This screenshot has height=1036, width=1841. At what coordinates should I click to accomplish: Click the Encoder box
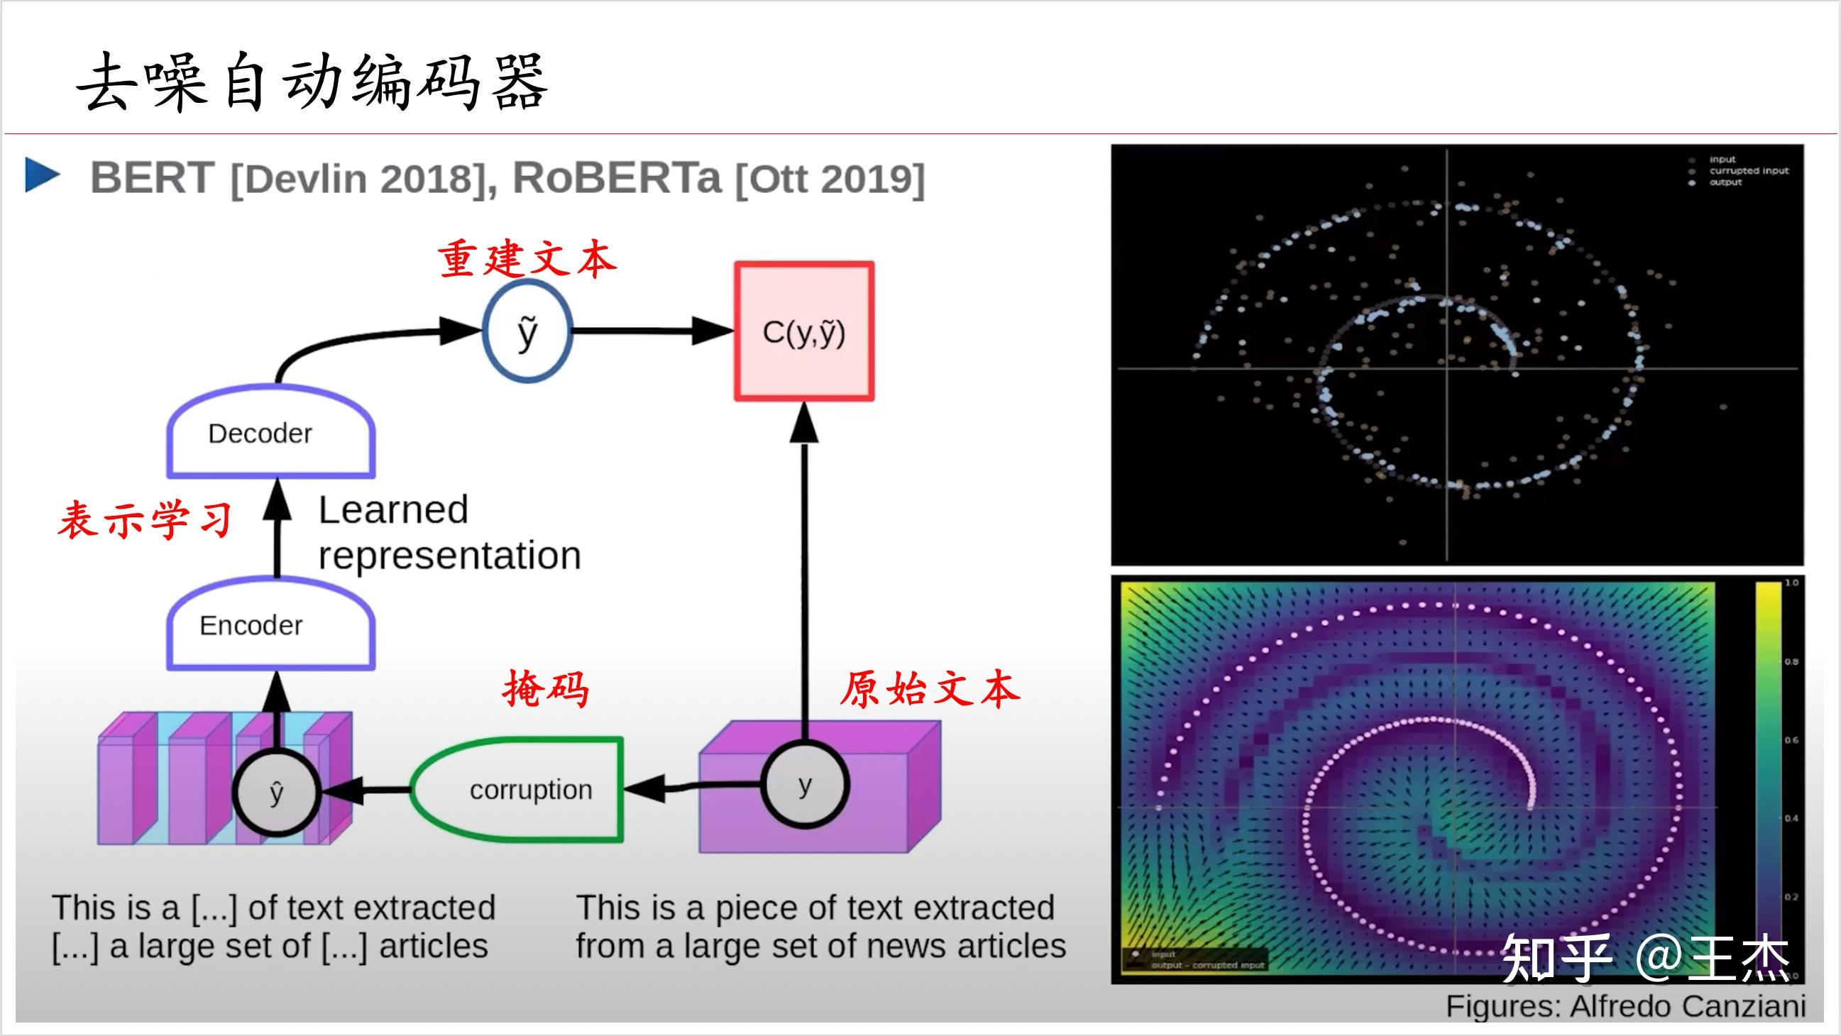click(270, 626)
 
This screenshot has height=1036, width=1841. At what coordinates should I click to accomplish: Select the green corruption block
click(518, 790)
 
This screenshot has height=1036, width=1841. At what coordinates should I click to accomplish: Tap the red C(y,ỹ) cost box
click(804, 332)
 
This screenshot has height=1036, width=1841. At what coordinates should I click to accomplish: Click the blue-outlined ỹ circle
click(527, 331)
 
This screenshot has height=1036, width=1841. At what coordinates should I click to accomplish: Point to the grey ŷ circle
click(277, 793)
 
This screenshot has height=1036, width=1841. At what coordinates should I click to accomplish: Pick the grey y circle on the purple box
click(805, 785)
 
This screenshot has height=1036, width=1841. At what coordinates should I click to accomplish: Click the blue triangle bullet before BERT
click(41, 176)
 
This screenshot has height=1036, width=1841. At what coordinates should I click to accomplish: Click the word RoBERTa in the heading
click(617, 178)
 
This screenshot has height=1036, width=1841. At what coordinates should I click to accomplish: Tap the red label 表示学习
click(145, 519)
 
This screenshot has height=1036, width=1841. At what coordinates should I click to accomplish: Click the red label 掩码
click(546, 690)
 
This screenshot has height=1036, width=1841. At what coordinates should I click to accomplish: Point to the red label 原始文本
click(929, 690)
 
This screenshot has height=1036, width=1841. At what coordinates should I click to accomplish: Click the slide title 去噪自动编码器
click(312, 82)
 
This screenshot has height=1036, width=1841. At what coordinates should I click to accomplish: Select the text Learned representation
click(449, 533)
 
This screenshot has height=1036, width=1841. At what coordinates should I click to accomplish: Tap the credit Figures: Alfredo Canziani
click(1625, 1006)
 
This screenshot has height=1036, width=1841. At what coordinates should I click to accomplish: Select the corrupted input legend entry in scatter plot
click(1747, 171)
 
